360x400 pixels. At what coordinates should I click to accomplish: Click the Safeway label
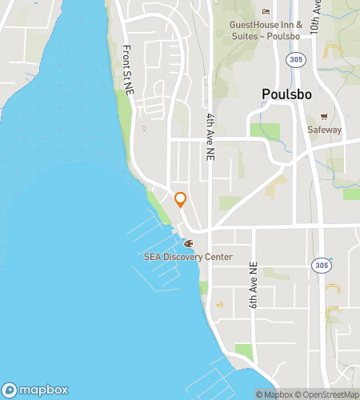324,130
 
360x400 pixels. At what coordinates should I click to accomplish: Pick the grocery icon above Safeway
324,116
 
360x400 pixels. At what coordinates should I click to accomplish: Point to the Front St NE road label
127,67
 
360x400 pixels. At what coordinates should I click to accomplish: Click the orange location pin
180,199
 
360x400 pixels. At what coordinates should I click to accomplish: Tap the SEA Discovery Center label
188,257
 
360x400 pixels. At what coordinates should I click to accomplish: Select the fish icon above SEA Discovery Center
189,243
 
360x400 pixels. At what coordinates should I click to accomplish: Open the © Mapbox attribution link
274,394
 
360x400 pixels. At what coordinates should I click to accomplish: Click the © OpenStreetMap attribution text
326,394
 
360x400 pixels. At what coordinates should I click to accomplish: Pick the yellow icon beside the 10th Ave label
331,52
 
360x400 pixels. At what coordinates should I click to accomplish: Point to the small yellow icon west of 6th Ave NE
220,304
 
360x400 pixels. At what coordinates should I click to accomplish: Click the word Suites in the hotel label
249,36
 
